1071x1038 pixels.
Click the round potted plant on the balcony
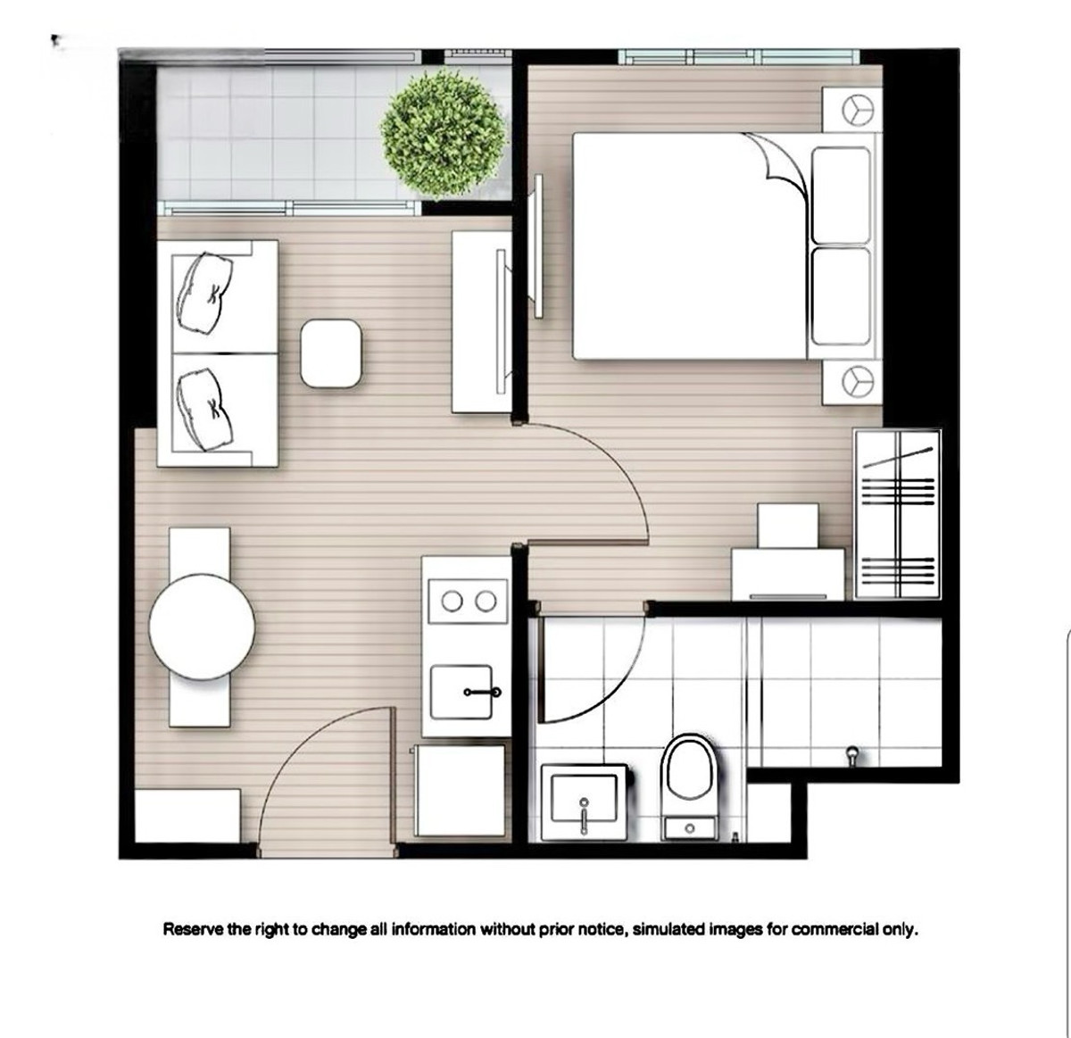coord(443,134)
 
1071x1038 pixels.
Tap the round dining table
coord(202,627)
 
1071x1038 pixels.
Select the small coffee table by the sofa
coord(331,353)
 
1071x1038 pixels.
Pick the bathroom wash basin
coord(585,802)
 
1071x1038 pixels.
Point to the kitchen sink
coord(461,692)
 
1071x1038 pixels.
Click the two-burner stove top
coord(468,602)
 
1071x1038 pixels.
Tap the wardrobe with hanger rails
coord(897,515)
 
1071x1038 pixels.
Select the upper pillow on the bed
coord(841,195)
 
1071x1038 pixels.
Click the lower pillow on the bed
coord(841,296)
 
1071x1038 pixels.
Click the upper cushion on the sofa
coord(204,292)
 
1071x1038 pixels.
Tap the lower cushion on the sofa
coord(204,409)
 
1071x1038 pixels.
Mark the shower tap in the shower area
coord(852,756)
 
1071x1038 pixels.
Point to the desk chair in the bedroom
coord(787,527)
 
